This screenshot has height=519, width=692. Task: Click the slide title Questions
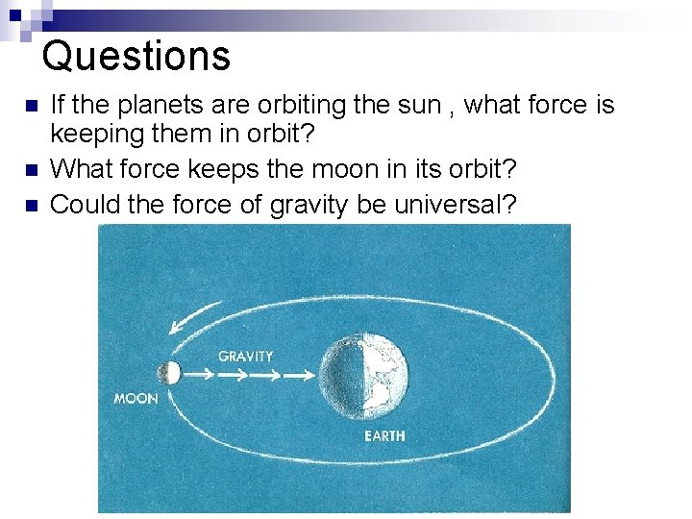(136, 56)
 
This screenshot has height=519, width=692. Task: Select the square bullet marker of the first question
(31, 106)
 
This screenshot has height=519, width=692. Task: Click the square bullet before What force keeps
(31, 170)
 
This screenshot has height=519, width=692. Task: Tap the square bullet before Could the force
(31, 204)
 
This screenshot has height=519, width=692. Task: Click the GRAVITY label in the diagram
(245, 356)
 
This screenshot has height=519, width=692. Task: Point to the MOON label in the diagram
(136, 398)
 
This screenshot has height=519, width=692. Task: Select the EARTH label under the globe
(384, 436)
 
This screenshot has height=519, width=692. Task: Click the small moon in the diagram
(169, 374)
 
